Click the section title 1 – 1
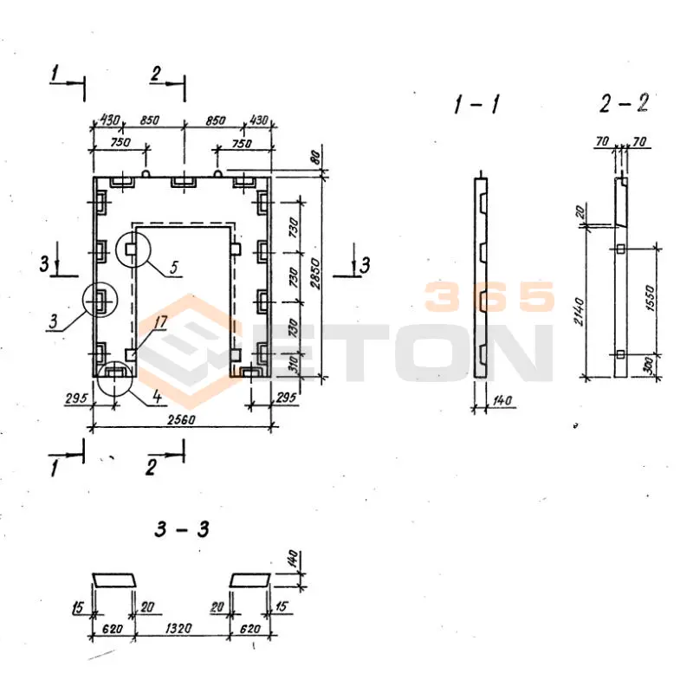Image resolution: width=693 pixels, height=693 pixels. pyautogui.click(x=476, y=107)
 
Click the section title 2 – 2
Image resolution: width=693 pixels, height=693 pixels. pyautogui.click(x=624, y=104)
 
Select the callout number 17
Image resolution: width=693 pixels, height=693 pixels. pyautogui.click(x=160, y=323)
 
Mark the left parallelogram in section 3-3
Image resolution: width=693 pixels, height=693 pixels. pyautogui.click(x=113, y=579)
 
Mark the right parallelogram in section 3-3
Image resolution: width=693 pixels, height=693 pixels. pyautogui.click(x=250, y=579)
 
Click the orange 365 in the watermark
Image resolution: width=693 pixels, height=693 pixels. pyautogui.click(x=489, y=298)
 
